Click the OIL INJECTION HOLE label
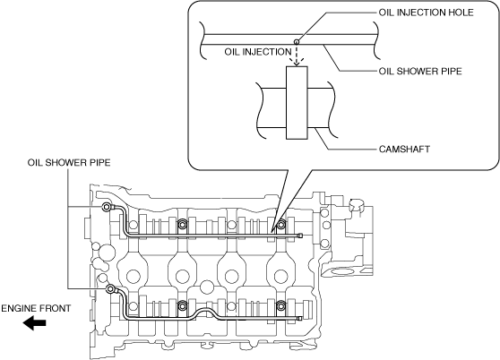[426, 13]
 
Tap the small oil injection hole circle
[297, 41]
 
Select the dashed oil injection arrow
[297, 54]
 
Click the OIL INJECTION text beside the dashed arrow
[258, 52]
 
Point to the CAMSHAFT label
[404, 149]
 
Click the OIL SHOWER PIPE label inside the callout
[420, 71]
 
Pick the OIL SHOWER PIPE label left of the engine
[69, 162]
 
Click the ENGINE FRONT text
[36, 308]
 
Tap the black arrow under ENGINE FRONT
[34, 322]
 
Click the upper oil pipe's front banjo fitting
[106, 208]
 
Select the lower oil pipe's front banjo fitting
[110, 289]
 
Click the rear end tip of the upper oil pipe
[299, 236]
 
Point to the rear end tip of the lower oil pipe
[299, 318]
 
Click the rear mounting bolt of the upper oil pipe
[280, 225]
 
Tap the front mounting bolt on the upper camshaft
[182, 225]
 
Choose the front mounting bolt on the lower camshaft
[182, 306]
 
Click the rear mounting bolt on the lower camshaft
[280, 306]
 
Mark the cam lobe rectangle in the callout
[297, 103]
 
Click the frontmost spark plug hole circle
[133, 276]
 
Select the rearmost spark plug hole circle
[281, 276]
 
